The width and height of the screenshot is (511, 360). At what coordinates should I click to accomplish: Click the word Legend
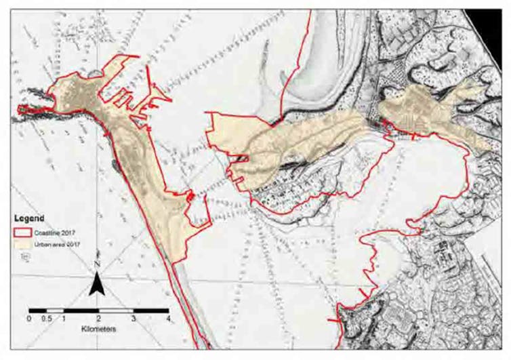coord(30,219)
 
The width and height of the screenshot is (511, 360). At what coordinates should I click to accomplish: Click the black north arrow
coord(98,282)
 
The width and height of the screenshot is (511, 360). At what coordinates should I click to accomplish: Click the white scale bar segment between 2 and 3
coord(117,311)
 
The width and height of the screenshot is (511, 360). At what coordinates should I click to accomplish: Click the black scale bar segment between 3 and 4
coord(150,311)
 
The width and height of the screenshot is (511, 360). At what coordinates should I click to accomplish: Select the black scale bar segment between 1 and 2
coord(81,311)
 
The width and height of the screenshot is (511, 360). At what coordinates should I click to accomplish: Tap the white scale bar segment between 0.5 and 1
coord(56,311)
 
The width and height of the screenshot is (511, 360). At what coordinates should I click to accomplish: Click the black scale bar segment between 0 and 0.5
coord(38,311)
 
